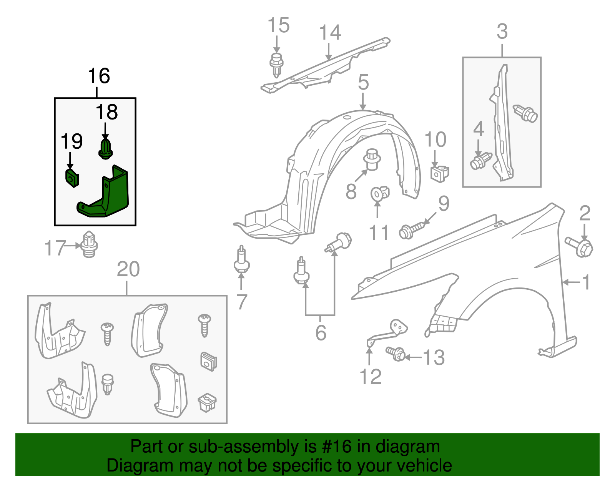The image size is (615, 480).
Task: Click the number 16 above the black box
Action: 99,76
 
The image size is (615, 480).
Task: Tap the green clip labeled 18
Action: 106,149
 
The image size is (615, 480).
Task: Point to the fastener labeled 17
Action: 89,244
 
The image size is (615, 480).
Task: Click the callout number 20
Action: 128,269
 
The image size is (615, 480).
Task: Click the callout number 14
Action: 330,33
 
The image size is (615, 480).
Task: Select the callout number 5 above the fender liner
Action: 363,82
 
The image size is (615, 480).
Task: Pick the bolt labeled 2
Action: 580,246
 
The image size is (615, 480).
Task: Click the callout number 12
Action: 371,377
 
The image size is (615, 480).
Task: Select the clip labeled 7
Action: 241,261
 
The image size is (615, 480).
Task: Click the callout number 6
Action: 321,333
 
